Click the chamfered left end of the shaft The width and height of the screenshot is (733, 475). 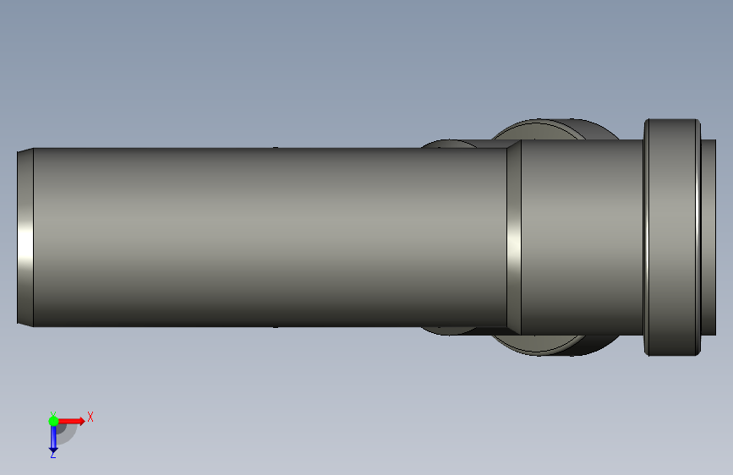[x=25, y=237]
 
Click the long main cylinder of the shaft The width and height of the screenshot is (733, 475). [x=271, y=237]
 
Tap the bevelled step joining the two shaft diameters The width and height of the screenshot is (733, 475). [x=514, y=237]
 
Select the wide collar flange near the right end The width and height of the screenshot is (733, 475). [x=672, y=237]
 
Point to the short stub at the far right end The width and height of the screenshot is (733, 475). [x=708, y=237]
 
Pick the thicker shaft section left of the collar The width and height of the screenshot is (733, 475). [x=583, y=237]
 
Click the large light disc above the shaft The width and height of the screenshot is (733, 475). [x=538, y=130]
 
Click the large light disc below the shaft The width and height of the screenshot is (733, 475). [x=538, y=344]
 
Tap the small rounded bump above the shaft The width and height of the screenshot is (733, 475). [x=449, y=144]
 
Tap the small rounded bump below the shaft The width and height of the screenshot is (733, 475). [x=448, y=331]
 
